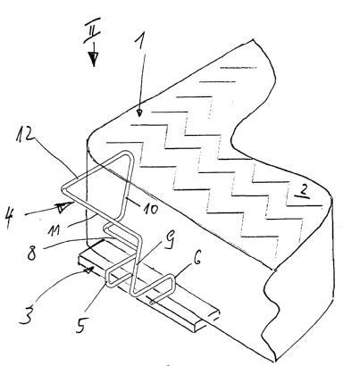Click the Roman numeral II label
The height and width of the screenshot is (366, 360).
(x=91, y=30)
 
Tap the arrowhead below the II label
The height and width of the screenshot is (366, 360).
(x=94, y=59)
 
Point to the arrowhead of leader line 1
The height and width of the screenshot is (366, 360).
(x=139, y=112)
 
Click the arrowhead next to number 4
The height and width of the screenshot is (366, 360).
(x=65, y=206)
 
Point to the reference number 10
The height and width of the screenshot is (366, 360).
(x=151, y=208)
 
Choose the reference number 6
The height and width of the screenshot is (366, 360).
(x=197, y=258)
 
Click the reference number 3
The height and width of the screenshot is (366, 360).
(x=28, y=313)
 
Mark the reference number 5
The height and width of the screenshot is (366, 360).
(x=81, y=323)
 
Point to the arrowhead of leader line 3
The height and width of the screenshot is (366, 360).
(x=90, y=270)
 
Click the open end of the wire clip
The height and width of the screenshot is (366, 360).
(x=152, y=303)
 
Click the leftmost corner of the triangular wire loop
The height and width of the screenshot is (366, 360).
(x=64, y=188)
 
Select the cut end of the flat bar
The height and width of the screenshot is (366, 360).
(x=215, y=314)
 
